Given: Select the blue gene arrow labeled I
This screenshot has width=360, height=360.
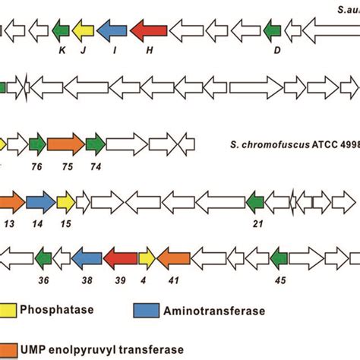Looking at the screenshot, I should pos(112,30).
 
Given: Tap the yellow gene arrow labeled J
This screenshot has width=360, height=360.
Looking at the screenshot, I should pos(83,30).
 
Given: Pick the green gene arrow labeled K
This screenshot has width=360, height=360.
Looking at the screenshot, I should pos(61,30).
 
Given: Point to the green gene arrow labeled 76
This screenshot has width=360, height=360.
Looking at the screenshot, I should pos(36,144).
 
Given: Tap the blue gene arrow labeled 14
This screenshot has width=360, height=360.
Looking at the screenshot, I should pos(40,201).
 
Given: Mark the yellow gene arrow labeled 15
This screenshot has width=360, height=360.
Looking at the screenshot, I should pos(65,201).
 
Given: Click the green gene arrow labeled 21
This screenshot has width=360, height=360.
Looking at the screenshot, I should pos(256,201).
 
